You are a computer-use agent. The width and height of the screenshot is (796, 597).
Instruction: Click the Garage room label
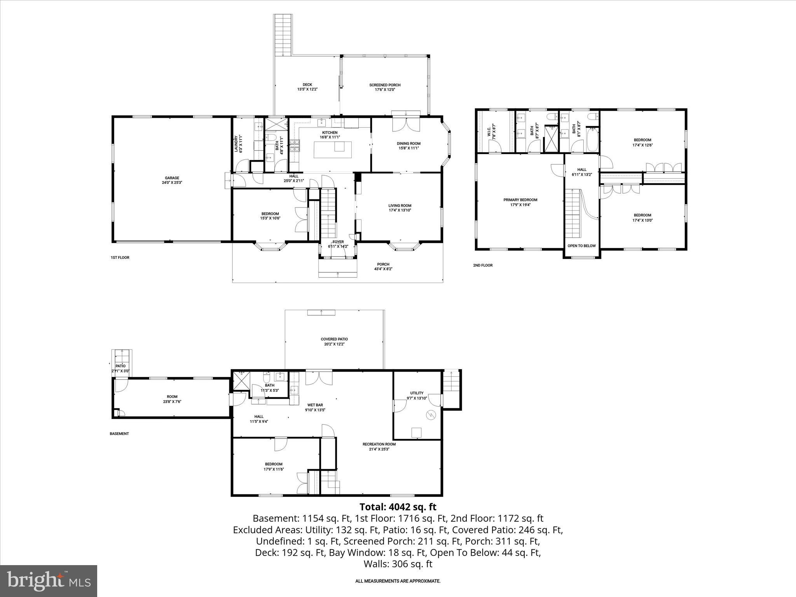(x=172, y=178)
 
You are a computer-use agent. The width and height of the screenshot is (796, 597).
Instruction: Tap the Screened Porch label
(x=385, y=85)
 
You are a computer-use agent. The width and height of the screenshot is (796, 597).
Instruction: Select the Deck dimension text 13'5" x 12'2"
(x=307, y=89)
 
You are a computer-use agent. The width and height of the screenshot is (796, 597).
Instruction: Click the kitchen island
(x=333, y=150)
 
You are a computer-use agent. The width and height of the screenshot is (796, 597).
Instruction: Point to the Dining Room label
(x=408, y=143)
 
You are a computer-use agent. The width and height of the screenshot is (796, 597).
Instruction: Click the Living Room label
(x=400, y=206)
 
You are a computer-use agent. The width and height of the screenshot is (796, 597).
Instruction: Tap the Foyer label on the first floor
(x=338, y=242)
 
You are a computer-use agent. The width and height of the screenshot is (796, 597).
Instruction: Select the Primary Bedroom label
(x=520, y=200)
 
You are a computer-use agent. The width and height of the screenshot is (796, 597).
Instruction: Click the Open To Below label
(x=581, y=246)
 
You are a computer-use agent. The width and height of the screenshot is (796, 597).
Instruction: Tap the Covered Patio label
(x=334, y=339)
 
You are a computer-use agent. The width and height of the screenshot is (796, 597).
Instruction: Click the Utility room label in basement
(x=417, y=393)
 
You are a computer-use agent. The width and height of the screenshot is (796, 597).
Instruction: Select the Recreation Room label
(x=379, y=444)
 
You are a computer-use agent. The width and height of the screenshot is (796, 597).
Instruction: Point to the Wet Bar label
(x=315, y=405)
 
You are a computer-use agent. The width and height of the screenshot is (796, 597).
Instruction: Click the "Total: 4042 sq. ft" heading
(x=398, y=507)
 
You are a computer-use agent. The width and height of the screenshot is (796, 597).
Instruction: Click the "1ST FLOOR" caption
(x=120, y=257)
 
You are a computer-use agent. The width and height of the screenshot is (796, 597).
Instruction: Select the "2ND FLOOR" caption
(x=482, y=265)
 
